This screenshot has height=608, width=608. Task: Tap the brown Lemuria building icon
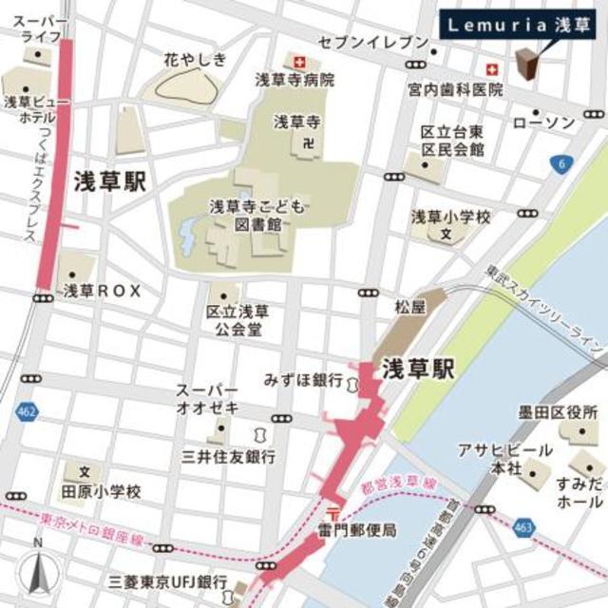point(527,64)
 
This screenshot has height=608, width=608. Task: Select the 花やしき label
point(196,60)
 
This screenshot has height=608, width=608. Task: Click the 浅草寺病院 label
point(294,81)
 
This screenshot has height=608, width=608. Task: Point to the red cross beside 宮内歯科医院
point(491,69)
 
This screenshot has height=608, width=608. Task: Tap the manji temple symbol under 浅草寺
point(306,142)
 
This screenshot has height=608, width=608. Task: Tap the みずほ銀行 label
point(304,380)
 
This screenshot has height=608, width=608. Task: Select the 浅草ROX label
point(102,292)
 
